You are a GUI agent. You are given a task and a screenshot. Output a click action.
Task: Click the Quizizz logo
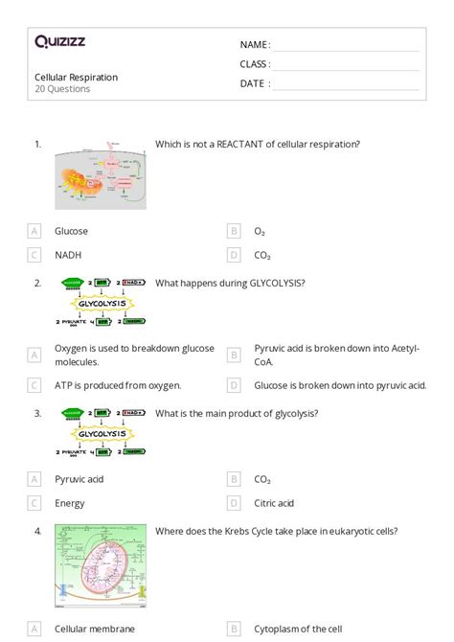coord(59,41)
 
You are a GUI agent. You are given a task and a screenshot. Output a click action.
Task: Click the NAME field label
coord(255,45)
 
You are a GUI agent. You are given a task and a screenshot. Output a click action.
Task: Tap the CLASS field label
coord(255,64)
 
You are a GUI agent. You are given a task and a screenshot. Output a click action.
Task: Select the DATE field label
coord(255,83)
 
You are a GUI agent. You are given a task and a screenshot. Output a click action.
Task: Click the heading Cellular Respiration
coord(77,77)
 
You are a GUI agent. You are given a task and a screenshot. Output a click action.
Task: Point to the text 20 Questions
coord(62,89)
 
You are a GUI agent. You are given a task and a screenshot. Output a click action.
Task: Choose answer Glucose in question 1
coord(72,231)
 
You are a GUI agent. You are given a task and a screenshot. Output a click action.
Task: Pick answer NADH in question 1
coord(68,255)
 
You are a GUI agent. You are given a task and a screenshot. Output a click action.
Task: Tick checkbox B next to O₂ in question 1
coord(233,231)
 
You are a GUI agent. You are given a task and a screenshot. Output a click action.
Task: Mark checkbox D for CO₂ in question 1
coord(233,255)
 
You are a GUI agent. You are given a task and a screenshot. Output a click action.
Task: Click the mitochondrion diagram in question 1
coord(101,176)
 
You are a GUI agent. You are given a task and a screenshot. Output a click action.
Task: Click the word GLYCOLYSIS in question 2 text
coord(275,283)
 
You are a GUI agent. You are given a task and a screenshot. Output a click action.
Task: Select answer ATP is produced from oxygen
coord(118,385)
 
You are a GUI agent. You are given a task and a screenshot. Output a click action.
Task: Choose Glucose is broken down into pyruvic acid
coord(340,385)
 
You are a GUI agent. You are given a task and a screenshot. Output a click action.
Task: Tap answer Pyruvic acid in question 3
coord(80,478)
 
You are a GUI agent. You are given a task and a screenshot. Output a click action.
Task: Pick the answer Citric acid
coord(274,503)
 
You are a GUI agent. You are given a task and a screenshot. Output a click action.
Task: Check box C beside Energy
coord(34,503)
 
